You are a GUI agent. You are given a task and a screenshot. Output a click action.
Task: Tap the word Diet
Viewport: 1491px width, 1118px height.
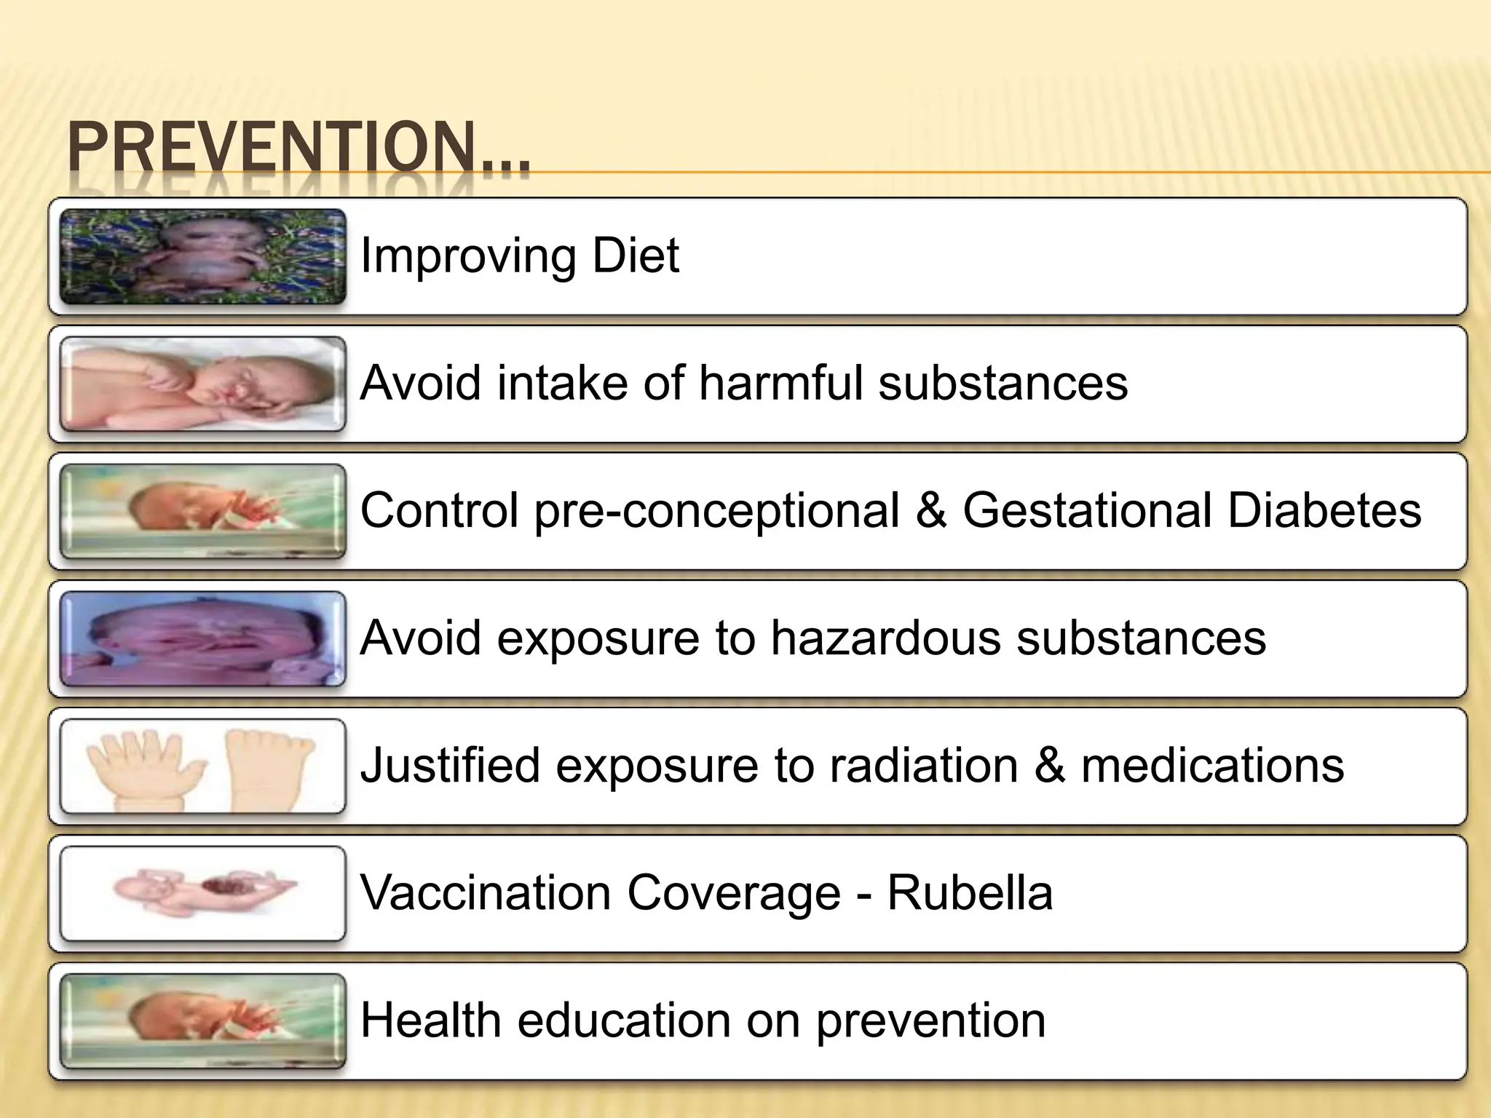(x=636, y=255)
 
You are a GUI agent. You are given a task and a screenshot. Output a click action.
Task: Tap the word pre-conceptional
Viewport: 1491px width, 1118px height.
(x=717, y=511)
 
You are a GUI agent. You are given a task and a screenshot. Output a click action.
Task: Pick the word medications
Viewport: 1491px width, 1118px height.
(x=1212, y=765)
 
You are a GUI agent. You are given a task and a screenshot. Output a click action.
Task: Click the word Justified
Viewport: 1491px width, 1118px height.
(x=450, y=766)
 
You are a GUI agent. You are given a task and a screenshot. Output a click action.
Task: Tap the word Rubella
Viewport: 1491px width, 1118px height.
(x=970, y=892)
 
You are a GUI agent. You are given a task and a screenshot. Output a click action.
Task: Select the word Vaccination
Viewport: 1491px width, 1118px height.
(x=486, y=892)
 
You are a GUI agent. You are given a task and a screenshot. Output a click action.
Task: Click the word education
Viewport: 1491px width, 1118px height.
(x=624, y=1020)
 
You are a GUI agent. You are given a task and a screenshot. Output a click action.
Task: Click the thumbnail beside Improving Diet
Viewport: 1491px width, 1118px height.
(x=202, y=256)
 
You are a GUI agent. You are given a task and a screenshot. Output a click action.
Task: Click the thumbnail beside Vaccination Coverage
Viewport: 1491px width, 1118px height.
(x=202, y=893)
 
